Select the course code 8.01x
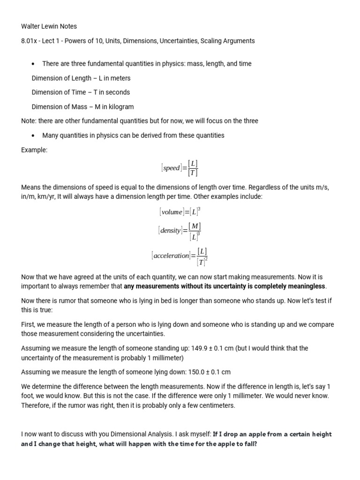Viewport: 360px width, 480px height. [x=30, y=41]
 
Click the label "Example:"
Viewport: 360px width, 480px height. [x=34, y=150]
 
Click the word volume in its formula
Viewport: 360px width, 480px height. [x=172, y=212]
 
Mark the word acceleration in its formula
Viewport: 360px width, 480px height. [x=171, y=256]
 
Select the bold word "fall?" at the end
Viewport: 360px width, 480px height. [x=248, y=443]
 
